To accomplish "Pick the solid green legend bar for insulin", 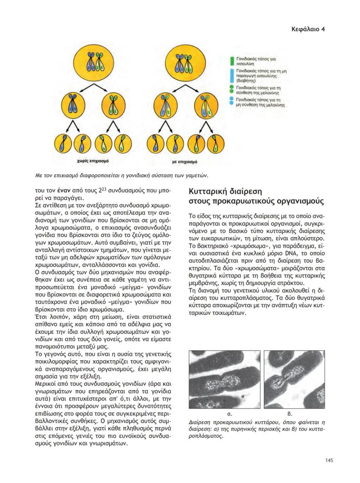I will pyautogui.click(x=232, y=60).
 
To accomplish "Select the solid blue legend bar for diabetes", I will pyautogui.click(x=232, y=75).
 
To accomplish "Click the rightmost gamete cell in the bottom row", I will pyautogui.click(x=212, y=144).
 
